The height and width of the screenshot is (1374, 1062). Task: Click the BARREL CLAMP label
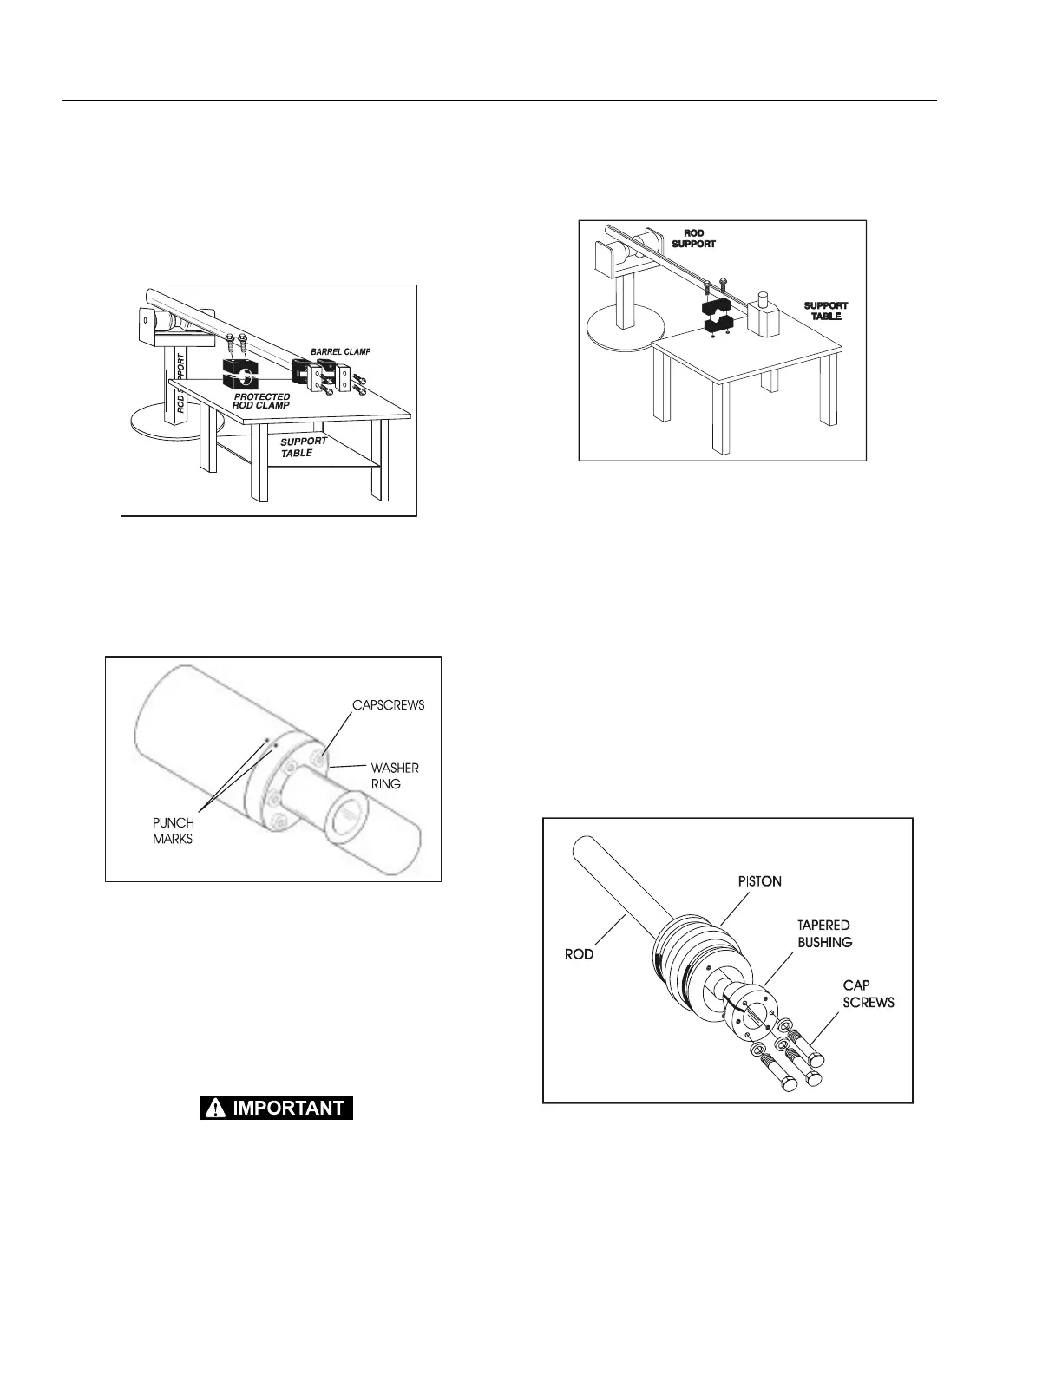coord(340,351)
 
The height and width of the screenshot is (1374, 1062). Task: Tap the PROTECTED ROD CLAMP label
coord(261,401)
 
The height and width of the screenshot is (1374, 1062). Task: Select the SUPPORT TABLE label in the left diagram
coord(303,447)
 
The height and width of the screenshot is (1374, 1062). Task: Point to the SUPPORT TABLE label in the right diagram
coord(825,311)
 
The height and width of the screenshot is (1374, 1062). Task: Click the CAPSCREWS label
coord(388,704)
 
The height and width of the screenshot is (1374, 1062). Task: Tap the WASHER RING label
coord(395,775)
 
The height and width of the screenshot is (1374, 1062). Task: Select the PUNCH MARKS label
coord(174,831)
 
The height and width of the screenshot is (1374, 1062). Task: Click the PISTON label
coord(759,880)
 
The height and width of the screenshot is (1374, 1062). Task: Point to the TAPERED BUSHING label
coord(824,933)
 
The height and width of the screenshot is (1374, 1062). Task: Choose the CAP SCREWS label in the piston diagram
coord(869,994)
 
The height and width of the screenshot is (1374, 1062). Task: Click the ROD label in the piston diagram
coord(579,953)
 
